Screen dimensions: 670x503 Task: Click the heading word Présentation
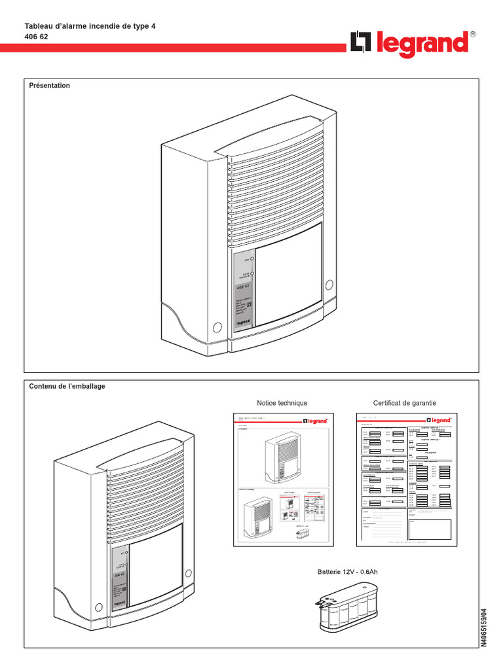pyautogui.click(x=50, y=86)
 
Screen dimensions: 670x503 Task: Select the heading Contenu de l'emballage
pyautogui.click(x=67, y=386)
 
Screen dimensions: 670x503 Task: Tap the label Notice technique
pyautogui.click(x=282, y=403)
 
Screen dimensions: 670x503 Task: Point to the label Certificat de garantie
pyautogui.click(x=405, y=403)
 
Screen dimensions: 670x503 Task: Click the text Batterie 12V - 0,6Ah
pyautogui.click(x=348, y=572)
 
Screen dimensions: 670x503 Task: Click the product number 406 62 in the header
pyautogui.click(x=37, y=37)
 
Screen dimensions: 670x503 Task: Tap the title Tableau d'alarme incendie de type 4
pyautogui.click(x=90, y=26)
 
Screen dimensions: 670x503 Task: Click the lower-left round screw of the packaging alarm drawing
pyautogui.click(x=98, y=607)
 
